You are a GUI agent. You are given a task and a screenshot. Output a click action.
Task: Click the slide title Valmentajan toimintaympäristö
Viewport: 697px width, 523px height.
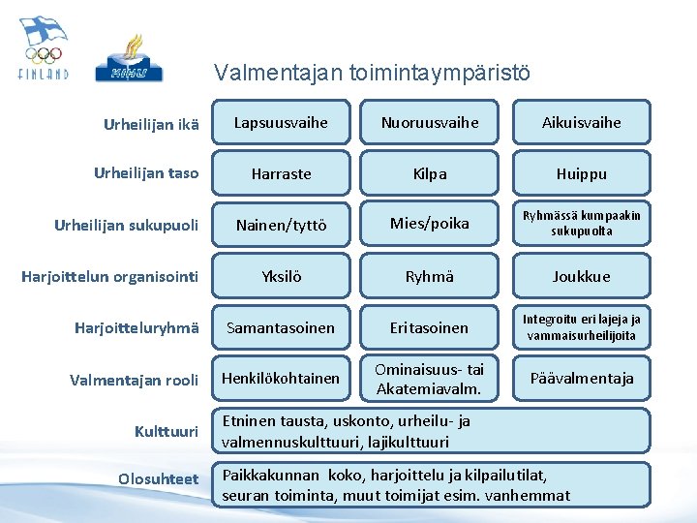point(373,73)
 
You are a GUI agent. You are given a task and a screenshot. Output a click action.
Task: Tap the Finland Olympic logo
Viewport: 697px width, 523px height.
point(44,48)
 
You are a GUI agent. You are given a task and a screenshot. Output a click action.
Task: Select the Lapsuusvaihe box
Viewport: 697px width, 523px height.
point(281,122)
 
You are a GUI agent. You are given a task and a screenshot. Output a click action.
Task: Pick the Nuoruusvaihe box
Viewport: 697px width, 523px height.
point(429,122)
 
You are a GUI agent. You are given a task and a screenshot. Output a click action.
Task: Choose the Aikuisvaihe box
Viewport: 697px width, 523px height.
point(581,122)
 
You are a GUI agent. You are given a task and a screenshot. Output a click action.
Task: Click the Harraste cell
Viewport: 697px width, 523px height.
point(281,174)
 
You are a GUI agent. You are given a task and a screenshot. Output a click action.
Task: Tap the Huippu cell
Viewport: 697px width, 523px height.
point(581,174)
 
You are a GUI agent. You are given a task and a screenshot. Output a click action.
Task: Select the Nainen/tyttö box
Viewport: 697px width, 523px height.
point(281,226)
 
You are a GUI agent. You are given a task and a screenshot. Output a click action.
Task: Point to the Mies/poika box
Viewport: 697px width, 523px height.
point(429,224)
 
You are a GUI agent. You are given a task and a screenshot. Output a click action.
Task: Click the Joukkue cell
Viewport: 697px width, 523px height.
point(581,276)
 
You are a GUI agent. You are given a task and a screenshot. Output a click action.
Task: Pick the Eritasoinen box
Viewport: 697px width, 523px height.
point(429,327)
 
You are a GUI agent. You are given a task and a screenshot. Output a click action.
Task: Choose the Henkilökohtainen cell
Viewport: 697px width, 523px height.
point(281,378)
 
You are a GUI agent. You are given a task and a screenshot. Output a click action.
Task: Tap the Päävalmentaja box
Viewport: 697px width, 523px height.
point(581,378)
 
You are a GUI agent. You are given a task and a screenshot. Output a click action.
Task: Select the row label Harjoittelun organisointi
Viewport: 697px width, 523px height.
point(109,277)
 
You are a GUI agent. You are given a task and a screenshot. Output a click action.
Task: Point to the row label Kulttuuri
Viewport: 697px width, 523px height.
point(167,431)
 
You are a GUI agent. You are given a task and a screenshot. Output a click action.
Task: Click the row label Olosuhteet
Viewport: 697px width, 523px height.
point(158,479)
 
